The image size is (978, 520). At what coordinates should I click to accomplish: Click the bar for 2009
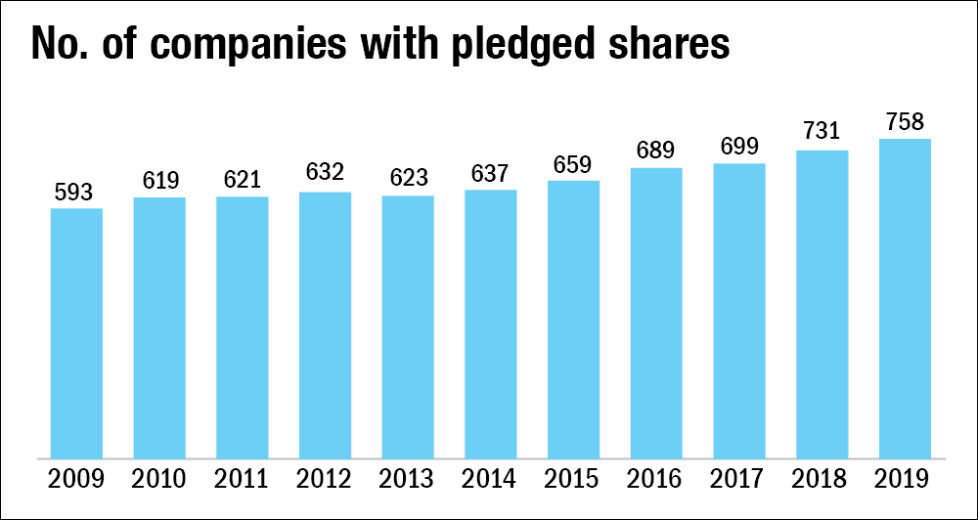point(76,332)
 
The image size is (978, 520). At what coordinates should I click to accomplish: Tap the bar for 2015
point(573,319)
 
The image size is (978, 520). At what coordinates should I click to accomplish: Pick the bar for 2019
point(905,298)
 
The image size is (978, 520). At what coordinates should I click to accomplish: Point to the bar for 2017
point(739,310)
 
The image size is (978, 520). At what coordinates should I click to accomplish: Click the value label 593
point(76,193)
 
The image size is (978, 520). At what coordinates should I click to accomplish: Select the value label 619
point(159,181)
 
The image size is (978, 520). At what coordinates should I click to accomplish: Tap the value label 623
point(408,179)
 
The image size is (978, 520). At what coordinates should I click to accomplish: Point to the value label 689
point(656,152)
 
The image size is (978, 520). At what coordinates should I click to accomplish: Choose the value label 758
point(905,122)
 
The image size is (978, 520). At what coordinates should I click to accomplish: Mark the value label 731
point(822,134)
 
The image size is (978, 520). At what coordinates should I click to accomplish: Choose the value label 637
point(491,173)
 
